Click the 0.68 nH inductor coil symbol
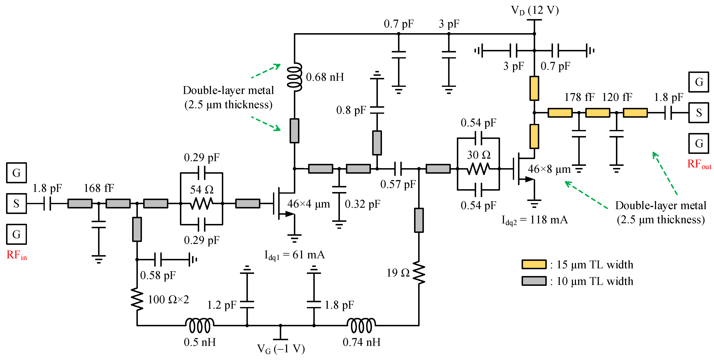pyautogui.click(x=295, y=77)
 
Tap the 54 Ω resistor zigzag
pyautogui.click(x=202, y=204)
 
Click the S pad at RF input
pyautogui.click(x=16, y=204)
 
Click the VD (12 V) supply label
pyautogui.click(x=535, y=11)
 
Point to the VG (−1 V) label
pyautogui.click(x=281, y=349)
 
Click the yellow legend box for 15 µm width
pyautogui.click(x=534, y=264)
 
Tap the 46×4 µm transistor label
pyautogui.click(x=308, y=204)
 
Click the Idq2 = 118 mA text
pyautogui.click(x=535, y=220)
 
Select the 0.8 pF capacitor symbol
pyautogui.click(x=377, y=110)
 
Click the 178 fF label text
pyautogui.click(x=579, y=97)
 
